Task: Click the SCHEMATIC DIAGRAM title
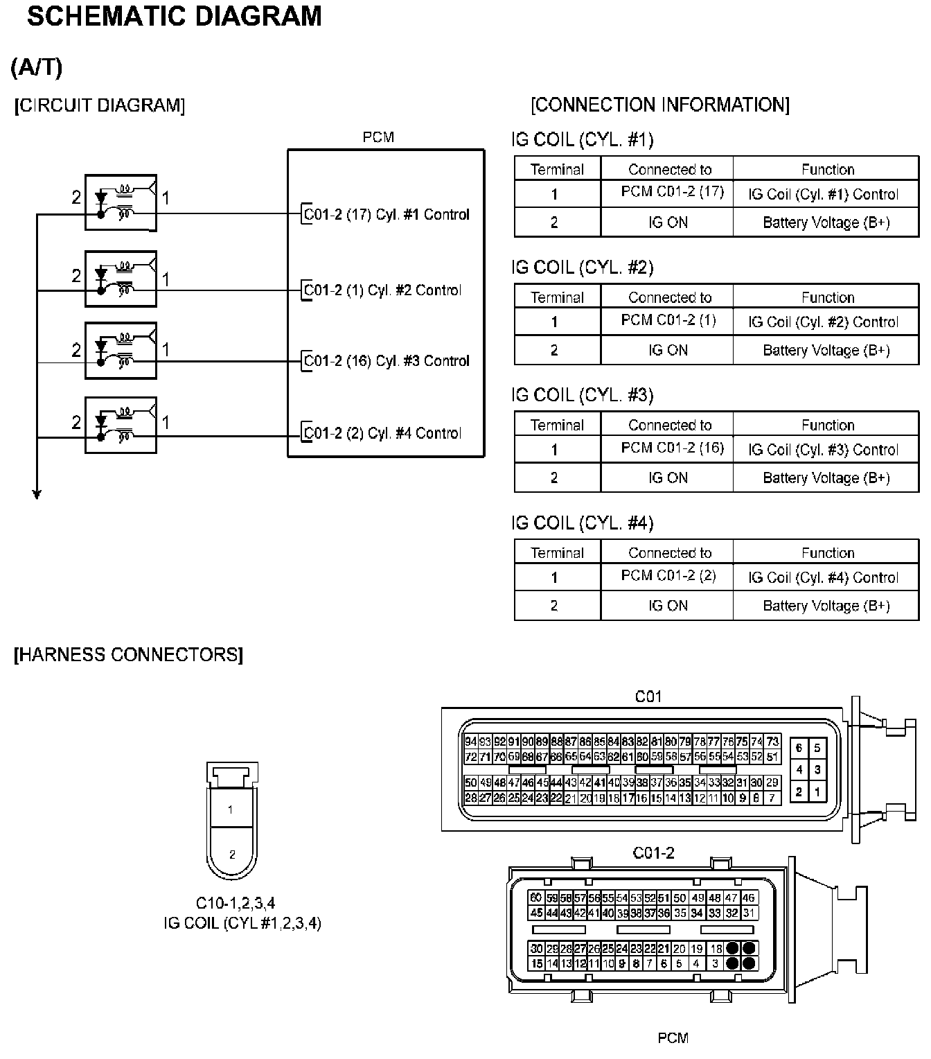click(174, 16)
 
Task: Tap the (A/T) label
click(37, 67)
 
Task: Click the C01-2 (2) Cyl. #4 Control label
click(383, 433)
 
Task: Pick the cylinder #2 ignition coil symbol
click(121, 279)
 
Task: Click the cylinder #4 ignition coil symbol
click(121, 425)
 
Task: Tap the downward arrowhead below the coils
click(37, 494)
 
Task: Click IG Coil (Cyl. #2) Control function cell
click(823, 322)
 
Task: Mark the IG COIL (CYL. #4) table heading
click(582, 523)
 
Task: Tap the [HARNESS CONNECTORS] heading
click(129, 655)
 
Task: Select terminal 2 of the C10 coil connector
click(232, 855)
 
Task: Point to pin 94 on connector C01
click(471, 742)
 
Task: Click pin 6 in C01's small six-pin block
click(799, 749)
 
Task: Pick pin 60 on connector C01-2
click(535, 898)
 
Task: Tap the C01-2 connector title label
click(653, 853)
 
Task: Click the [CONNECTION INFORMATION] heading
click(660, 105)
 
